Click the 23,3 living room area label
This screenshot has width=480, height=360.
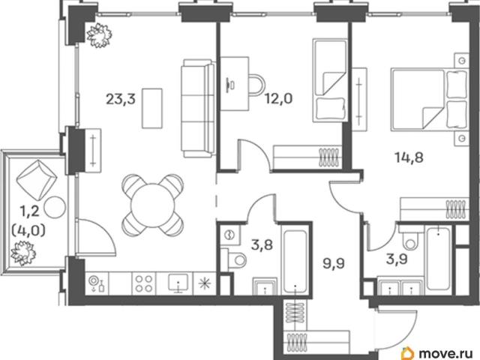pyautogui.click(x=120, y=99)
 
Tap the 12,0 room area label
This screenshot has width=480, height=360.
pyautogui.click(x=278, y=99)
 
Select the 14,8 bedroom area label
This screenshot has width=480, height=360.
pyautogui.click(x=409, y=157)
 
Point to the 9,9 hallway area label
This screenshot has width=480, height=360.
pyautogui.click(x=334, y=263)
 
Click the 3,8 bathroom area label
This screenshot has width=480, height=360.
pyautogui.click(x=262, y=245)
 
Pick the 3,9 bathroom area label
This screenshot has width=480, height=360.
pyautogui.click(x=397, y=259)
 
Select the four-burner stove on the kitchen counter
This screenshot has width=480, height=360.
pyautogui.click(x=144, y=283)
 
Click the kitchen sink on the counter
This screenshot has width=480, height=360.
pyautogui.click(x=178, y=282)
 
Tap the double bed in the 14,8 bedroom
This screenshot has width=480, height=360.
pyautogui.click(x=429, y=100)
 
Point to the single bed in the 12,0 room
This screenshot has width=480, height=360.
pyautogui.click(x=330, y=80)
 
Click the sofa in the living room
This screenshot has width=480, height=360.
pyautogui.click(x=198, y=108)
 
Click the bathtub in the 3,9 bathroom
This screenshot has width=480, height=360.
pyautogui.click(x=438, y=259)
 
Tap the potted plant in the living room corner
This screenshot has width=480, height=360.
pyautogui.click(x=98, y=35)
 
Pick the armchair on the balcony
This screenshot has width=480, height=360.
pyautogui.click(x=37, y=177)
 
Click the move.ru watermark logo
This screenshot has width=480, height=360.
pyautogui.click(x=439, y=352)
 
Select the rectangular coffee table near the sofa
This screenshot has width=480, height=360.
pyautogui.click(x=152, y=108)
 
